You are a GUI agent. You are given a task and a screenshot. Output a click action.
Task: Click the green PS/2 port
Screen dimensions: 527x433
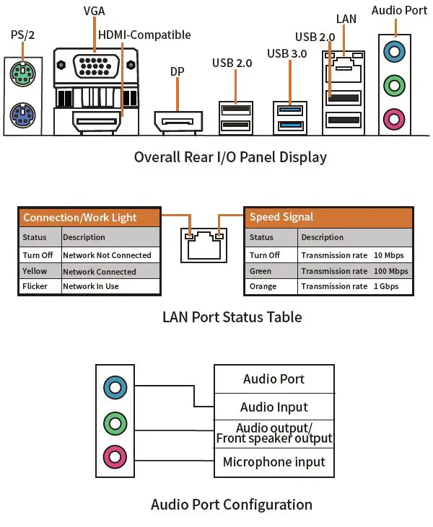coord(22,72)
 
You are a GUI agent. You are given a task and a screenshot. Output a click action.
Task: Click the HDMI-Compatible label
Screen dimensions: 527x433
coord(144,35)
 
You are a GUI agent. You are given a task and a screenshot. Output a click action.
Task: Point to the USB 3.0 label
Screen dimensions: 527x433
coord(287,53)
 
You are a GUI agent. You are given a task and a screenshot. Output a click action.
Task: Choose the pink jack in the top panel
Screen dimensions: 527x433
coord(393,117)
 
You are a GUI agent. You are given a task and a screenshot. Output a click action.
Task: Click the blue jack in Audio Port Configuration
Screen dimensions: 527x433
coord(115,386)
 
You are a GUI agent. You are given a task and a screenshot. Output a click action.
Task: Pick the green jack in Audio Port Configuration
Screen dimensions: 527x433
coord(115,421)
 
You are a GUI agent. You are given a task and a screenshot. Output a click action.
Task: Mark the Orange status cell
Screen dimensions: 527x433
coord(263,286)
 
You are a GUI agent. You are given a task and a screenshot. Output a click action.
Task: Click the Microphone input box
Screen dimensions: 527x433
coord(274,462)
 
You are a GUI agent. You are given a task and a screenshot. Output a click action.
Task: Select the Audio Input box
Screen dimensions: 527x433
coord(274,407)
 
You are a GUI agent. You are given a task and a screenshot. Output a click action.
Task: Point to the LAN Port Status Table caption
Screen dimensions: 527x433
coord(232,316)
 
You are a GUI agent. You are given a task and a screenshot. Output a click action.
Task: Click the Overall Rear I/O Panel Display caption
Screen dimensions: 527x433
coord(230,156)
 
